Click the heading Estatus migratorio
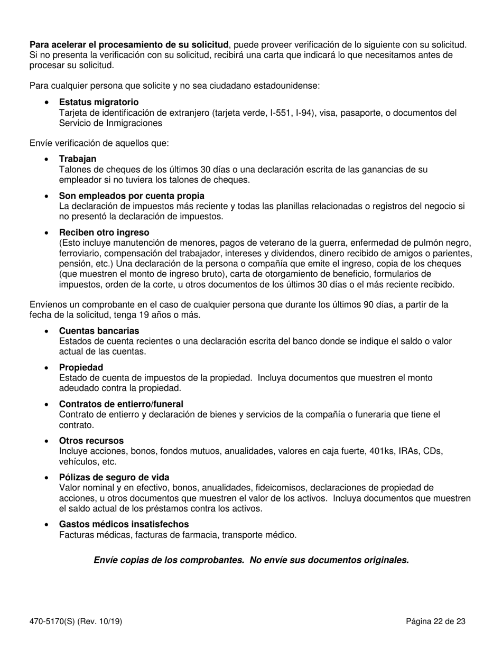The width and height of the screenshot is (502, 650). (99, 102)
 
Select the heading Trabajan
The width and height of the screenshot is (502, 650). (78, 159)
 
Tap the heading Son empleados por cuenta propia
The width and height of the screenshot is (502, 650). (132, 196)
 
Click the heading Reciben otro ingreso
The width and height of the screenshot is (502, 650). (104, 233)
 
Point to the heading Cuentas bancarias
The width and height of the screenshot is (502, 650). (99, 331)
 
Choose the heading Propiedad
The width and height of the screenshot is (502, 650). (81, 367)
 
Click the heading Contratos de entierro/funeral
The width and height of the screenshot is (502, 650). (121, 404)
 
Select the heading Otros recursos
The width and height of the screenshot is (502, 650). (91, 441)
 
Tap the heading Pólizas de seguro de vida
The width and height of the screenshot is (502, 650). (114, 477)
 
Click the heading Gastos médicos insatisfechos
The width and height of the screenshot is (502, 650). (124, 524)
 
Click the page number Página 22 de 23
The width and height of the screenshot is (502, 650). (435, 621)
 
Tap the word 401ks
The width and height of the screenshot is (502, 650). (379, 451)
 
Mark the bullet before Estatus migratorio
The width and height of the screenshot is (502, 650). (48, 103)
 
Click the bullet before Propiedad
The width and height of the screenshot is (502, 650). (48, 368)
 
